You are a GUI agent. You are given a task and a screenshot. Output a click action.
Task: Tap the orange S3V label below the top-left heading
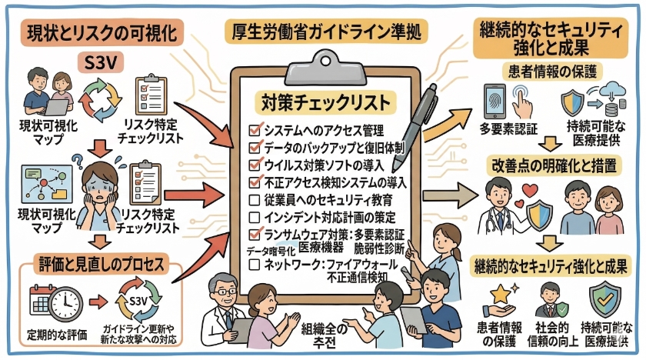[101, 62]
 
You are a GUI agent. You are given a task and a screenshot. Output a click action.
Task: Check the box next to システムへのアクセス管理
[255, 129]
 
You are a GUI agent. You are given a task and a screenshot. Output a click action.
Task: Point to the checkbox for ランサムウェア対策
[255, 235]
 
